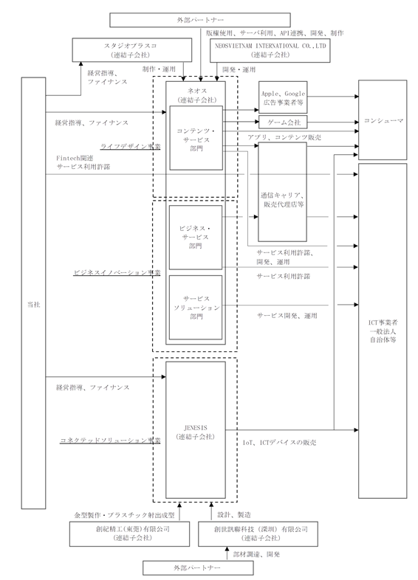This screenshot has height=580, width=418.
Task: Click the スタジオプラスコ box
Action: [131, 50]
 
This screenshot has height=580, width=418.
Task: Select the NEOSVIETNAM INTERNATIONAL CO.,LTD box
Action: [270, 50]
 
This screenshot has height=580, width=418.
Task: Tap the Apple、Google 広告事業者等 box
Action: [283, 97]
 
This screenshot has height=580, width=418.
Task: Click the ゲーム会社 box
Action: [283, 122]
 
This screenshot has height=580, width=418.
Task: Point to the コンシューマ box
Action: [383, 120]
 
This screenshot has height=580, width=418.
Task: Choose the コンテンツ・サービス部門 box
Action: [196, 138]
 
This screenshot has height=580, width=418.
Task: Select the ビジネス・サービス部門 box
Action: [196, 238]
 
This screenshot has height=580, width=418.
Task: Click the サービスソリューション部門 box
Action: [196, 308]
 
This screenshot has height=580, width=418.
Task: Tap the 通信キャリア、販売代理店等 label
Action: [283, 200]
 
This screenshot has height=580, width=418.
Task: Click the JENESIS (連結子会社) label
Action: [196, 432]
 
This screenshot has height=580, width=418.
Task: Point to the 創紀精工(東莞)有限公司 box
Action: [129, 534]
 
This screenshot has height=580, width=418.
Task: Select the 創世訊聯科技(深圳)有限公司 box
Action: [258, 534]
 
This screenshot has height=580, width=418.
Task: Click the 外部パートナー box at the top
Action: [200, 20]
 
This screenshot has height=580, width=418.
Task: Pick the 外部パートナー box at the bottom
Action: [198, 567]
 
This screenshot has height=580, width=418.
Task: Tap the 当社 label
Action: [34, 305]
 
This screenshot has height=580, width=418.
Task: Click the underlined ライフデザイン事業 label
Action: [130, 146]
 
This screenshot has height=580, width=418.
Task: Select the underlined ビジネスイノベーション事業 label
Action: [117, 272]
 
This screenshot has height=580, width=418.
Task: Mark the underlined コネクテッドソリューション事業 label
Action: [110, 441]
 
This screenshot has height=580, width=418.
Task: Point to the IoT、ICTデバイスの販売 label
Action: [280, 443]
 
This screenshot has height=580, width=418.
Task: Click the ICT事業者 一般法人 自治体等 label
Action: [383, 331]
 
